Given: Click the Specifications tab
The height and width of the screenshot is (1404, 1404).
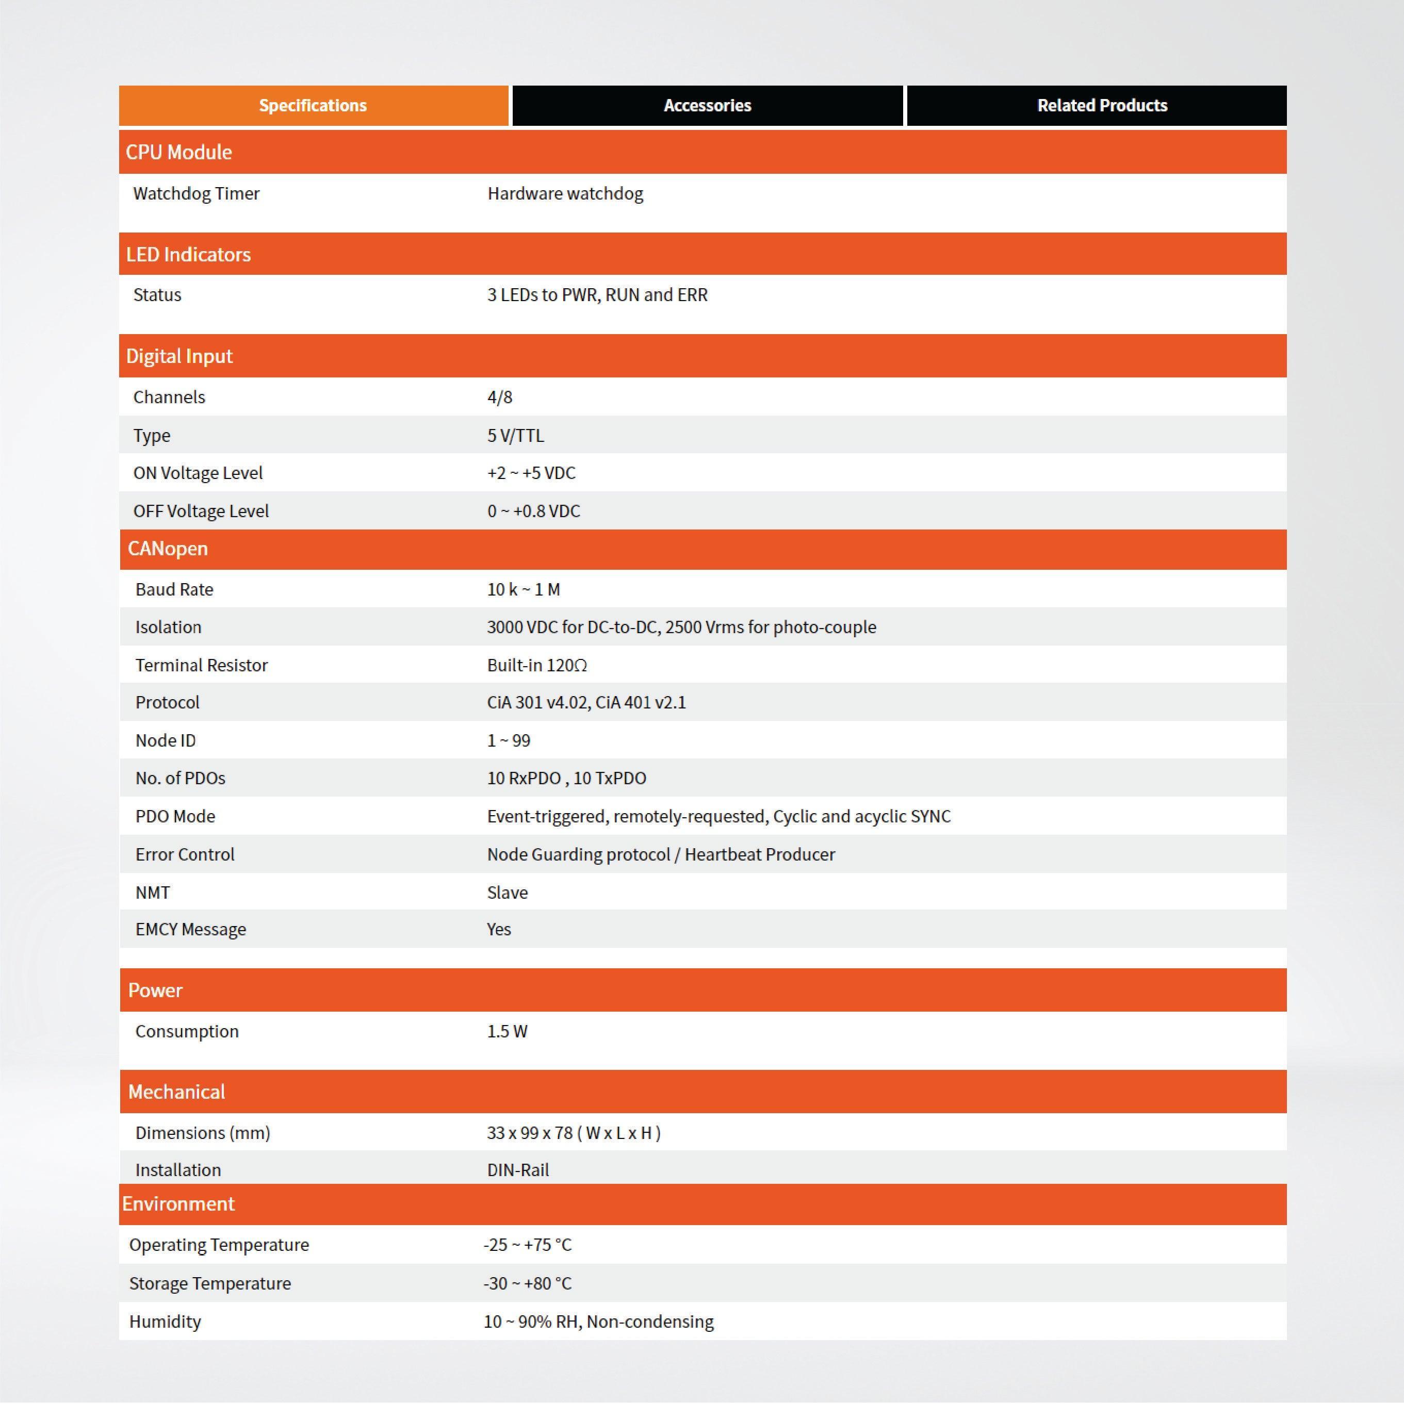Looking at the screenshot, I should point(313,105).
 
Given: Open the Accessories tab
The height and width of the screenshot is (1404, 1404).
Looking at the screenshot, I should point(707,105).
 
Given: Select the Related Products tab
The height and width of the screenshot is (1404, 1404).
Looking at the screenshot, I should point(1102,105).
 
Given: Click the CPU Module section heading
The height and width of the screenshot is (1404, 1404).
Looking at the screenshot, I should point(179,152).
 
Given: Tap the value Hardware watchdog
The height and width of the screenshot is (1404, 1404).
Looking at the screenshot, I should point(565,194).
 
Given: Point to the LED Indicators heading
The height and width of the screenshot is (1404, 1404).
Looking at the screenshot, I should point(188,254).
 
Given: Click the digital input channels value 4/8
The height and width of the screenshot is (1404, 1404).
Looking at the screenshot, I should point(499,398).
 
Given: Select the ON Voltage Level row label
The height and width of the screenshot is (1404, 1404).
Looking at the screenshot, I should point(198,473).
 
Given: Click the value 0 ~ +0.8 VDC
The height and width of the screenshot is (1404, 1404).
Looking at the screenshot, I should point(534,511).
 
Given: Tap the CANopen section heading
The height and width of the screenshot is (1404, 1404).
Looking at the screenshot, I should point(168,549).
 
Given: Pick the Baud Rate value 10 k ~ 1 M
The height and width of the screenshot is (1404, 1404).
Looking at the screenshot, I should point(524,589).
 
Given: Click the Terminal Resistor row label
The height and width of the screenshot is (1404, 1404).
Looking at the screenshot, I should point(201,665).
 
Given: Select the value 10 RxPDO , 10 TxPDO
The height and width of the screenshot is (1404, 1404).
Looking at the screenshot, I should point(566,778).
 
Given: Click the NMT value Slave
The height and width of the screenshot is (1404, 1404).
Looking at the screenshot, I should point(508,893).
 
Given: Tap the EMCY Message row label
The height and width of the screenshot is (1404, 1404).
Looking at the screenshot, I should point(190,930).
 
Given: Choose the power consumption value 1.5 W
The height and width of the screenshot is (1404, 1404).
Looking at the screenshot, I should point(508,1031).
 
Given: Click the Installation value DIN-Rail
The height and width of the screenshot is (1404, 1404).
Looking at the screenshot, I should point(518,1170).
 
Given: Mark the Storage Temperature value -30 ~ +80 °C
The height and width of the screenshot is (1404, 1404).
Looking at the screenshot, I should point(527,1283).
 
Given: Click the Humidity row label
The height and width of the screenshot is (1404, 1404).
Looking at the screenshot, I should point(165,1321).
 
